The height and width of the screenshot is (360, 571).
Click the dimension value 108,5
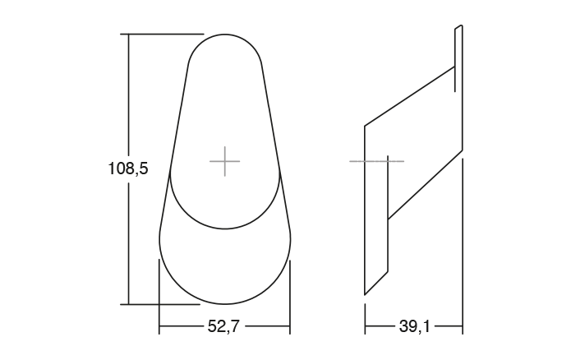[127, 169]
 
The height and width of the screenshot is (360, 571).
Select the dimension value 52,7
[223, 327]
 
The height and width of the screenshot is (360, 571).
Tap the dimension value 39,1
[414, 327]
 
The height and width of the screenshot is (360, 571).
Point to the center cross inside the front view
[224, 161]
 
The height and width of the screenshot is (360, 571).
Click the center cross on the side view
[376, 161]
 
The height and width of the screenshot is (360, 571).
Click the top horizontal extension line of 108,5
[164, 34]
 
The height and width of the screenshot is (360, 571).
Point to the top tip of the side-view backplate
[459, 27]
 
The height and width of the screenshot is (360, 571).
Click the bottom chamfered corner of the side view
[376, 282]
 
